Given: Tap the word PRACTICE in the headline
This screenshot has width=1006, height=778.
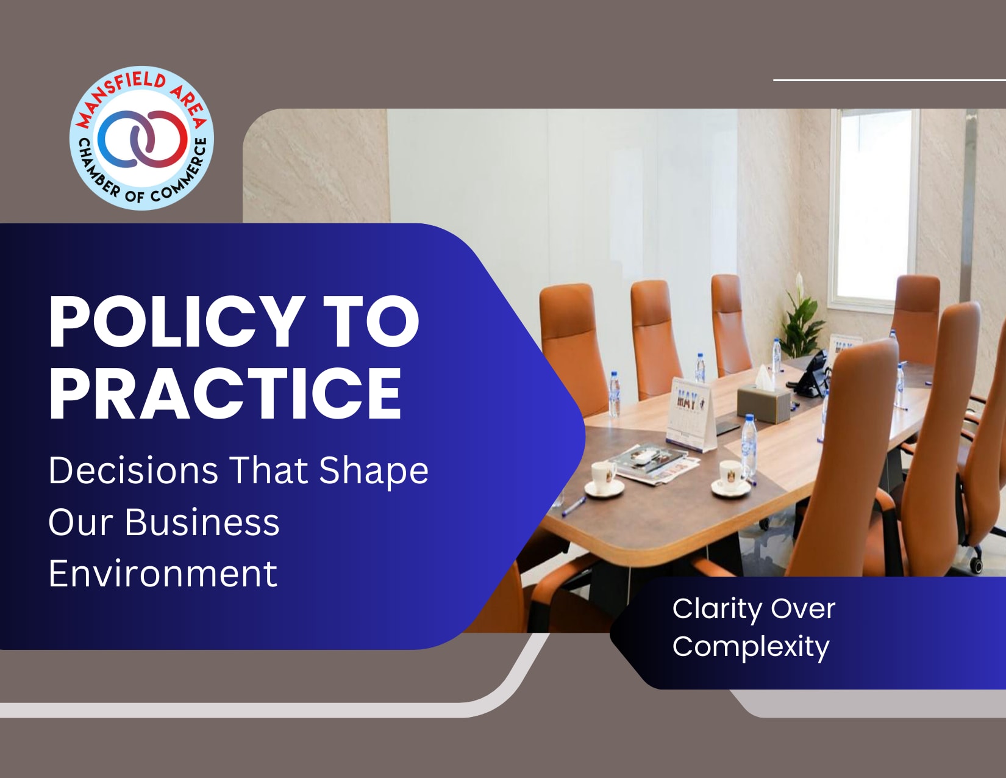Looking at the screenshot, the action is tap(225, 393).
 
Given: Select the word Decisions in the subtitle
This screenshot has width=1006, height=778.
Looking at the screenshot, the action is tap(133, 470).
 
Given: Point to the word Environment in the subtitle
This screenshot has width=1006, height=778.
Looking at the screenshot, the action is tap(163, 574).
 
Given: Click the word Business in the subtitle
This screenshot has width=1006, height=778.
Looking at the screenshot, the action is tap(202, 522).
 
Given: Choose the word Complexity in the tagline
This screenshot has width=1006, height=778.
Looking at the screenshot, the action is tap(751, 647).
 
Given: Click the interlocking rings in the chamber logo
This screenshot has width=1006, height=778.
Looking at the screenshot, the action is tap(142, 139).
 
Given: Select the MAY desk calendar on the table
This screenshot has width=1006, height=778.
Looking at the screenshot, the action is tap(690, 414).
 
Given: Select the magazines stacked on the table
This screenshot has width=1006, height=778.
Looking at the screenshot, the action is tap(654, 463).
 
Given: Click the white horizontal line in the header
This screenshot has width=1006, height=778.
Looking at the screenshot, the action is tap(890, 80).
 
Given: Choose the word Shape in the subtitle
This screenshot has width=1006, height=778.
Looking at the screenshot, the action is tap(374, 471).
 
